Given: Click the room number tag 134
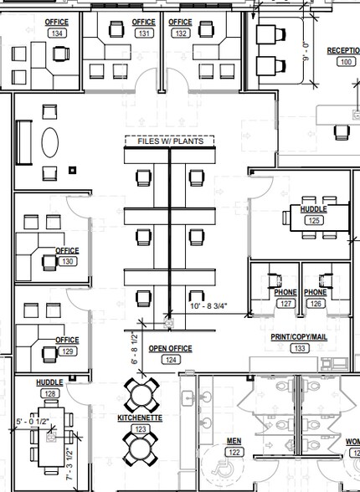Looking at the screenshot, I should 57,33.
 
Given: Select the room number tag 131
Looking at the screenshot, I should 144,33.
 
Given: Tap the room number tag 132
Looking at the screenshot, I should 180,33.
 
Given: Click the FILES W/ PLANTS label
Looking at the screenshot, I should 170,141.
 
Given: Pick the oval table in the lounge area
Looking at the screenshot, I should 49,141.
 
